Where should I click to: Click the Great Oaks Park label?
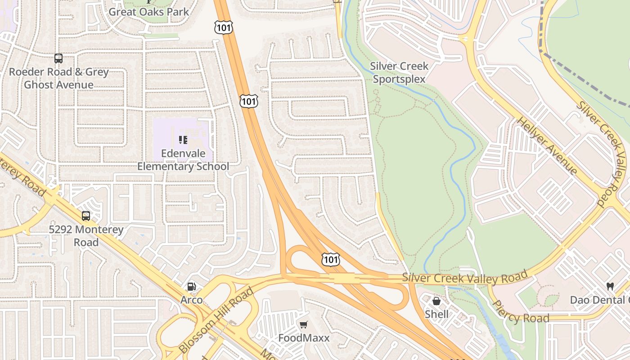point(149,12)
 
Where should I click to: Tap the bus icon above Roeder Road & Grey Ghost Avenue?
point(58,58)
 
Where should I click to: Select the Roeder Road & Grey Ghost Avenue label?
point(59,78)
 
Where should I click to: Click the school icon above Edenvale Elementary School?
point(183,140)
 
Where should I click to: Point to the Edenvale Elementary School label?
point(183,160)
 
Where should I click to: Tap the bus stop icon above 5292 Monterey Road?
point(86,216)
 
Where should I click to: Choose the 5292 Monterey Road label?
point(86,236)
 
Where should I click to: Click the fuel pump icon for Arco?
point(191,287)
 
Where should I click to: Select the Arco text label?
point(192,300)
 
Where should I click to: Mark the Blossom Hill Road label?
point(216,320)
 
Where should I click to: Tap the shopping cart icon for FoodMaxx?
point(304,325)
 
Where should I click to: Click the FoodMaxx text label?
point(304,338)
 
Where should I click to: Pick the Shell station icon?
point(436,301)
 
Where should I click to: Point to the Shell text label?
point(436,314)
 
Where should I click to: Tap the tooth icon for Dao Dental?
point(610,286)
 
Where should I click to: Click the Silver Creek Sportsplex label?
point(399,72)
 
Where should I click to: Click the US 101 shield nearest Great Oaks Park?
point(224,27)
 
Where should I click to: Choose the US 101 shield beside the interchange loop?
point(330,259)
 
